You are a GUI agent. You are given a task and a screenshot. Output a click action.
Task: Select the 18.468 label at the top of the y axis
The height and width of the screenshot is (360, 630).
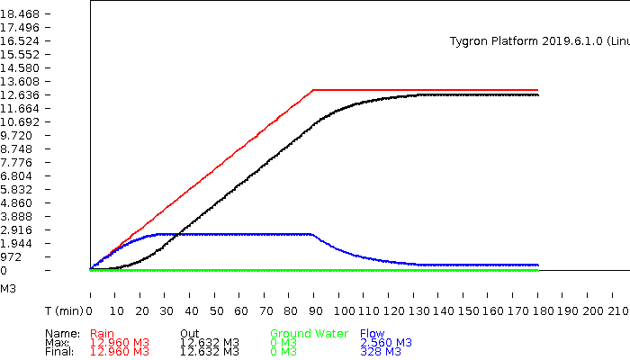(19, 14)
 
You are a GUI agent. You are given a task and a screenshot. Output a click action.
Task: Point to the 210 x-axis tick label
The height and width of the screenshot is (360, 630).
(616, 310)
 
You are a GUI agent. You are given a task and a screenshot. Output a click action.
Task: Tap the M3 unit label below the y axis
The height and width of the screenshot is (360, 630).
(8, 289)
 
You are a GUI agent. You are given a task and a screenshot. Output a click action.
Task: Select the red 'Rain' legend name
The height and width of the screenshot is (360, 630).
(103, 334)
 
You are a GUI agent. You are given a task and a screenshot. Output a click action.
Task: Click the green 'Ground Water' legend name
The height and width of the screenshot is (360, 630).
(310, 334)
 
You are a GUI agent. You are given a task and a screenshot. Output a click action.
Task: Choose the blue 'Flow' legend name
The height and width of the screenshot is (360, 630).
(372, 334)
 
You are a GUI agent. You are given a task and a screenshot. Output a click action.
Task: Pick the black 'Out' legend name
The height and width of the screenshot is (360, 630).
(189, 334)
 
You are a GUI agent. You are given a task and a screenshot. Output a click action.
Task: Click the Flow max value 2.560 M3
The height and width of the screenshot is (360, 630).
(386, 343)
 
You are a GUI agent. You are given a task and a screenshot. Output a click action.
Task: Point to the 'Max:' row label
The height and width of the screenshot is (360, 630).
(58, 343)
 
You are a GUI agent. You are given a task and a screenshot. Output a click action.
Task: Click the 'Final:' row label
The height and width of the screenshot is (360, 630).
(59, 352)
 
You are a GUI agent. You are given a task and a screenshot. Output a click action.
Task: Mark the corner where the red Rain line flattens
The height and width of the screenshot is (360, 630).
(313, 90)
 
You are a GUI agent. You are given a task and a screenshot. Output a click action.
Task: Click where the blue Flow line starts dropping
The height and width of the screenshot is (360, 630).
(311, 234)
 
